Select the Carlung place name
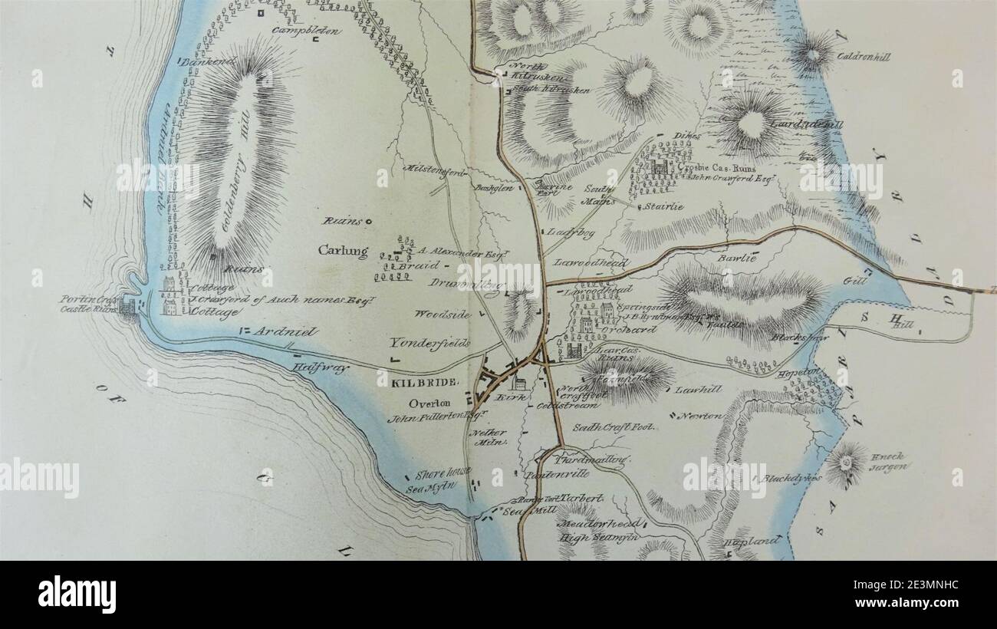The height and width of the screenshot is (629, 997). pyautogui.click(x=343, y=251)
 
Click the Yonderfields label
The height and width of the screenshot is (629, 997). pyautogui.click(x=429, y=344)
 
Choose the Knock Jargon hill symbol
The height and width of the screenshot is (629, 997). pyautogui.click(x=847, y=463)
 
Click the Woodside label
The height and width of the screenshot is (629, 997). pyautogui.click(x=442, y=314)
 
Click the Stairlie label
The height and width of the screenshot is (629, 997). pyautogui.click(x=662, y=206)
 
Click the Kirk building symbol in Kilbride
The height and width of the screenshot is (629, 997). pyautogui.click(x=518, y=385)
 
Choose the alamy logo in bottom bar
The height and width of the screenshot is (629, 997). pyautogui.click(x=77, y=594)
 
